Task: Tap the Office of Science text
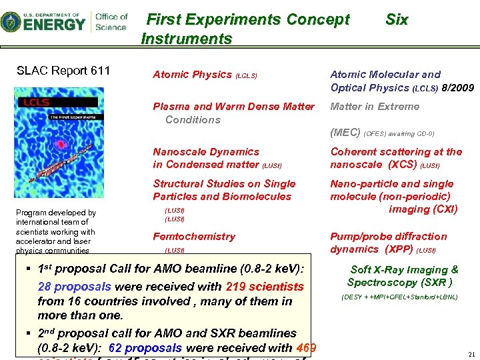[x=111, y=21]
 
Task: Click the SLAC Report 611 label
[x=63, y=71]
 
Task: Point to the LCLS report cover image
[x=59, y=144]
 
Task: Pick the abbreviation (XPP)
[x=399, y=249]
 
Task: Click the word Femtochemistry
[x=193, y=237]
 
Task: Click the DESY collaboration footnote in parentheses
[x=399, y=297]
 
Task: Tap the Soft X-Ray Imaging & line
[x=404, y=270]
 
